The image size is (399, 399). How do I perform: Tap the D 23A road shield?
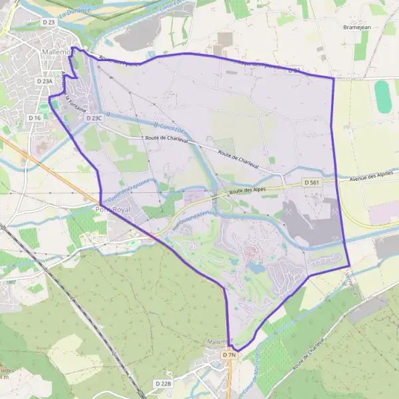44,81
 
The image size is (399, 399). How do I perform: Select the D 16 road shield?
35,117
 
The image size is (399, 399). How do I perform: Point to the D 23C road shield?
94,118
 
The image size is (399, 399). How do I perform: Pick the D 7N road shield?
229,355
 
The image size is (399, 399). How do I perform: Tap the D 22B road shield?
164,384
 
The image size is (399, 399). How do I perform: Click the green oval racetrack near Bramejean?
382,96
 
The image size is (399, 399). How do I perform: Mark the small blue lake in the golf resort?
256,268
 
